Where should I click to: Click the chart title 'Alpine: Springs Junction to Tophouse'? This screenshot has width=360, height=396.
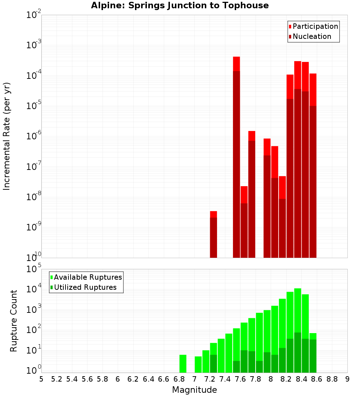pyautogui.click(x=180, y=5)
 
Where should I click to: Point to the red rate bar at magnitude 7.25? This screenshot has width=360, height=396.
pyautogui.click(x=213, y=234)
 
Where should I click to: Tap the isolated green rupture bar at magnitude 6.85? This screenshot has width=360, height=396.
pyautogui.click(x=183, y=364)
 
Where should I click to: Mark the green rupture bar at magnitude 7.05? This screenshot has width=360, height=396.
pyautogui.click(x=198, y=364)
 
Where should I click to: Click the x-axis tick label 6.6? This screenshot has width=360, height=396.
pyautogui.click(x=164, y=379)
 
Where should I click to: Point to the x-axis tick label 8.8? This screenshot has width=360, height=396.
pyautogui.click(x=332, y=379)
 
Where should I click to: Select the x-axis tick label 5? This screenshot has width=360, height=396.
pyautogui.click(x=41, y=379)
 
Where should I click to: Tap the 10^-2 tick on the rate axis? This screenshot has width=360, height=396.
pyautogui.click(x=34, y=15)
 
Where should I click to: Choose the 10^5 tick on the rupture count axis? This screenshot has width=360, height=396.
pyautogui.click(x=34, y=269)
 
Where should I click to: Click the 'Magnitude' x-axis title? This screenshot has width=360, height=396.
pyautogui.click(x=194, y=390)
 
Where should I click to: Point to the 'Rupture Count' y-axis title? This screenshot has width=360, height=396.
pyautogui.click(x=14, y=321)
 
